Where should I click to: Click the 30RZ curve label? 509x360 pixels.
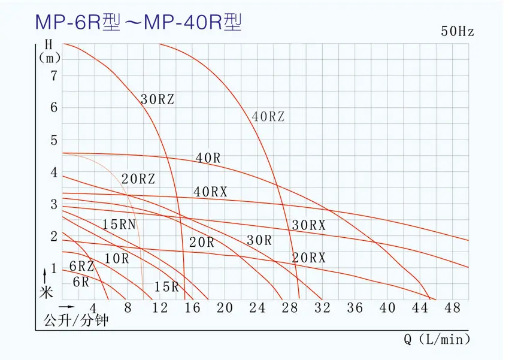click(x=157, y=100)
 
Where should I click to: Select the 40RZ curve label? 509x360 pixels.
click(x=268, y=117)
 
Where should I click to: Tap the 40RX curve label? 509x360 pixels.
click(x=211, y=192)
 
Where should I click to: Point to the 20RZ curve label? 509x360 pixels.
click(x=138, y=179)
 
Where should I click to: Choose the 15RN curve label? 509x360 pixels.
click(x=119, y=225)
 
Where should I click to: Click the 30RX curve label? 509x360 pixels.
click(x=309, y=225)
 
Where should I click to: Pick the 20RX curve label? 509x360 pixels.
click(x=309, y=258)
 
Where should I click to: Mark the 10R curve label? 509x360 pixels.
click(x=116, y=259)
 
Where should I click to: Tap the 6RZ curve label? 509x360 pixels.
click(x=81, y=266)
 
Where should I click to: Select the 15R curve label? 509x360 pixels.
click(x=166, y=286)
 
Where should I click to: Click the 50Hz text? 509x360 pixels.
click(x=458, y=32)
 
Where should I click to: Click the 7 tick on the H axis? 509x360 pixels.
click(x=53, y=75)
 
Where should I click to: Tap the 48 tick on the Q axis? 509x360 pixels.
click(x=453, y=308)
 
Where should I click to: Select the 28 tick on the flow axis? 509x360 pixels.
click(x=290, y=308)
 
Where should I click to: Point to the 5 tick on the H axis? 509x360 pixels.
click(x=53, y=140)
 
